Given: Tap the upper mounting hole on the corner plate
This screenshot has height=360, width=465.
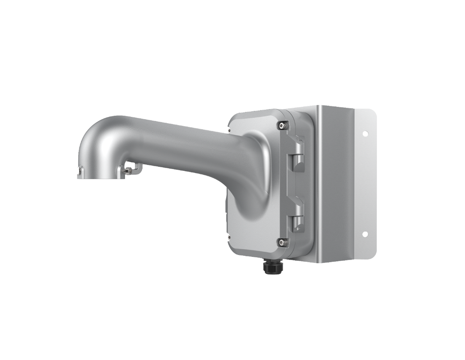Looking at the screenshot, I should (x=365, y=134).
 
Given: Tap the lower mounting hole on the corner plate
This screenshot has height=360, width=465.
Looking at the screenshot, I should (x=364, y=235).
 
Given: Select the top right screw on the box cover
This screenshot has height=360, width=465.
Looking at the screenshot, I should (x=282, y=125).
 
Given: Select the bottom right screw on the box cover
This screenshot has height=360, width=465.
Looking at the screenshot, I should (x=282, y=243).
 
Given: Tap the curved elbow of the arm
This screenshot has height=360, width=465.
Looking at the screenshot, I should (x=98, y=136).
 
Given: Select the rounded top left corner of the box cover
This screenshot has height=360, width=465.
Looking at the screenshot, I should (x=234, y=119).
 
